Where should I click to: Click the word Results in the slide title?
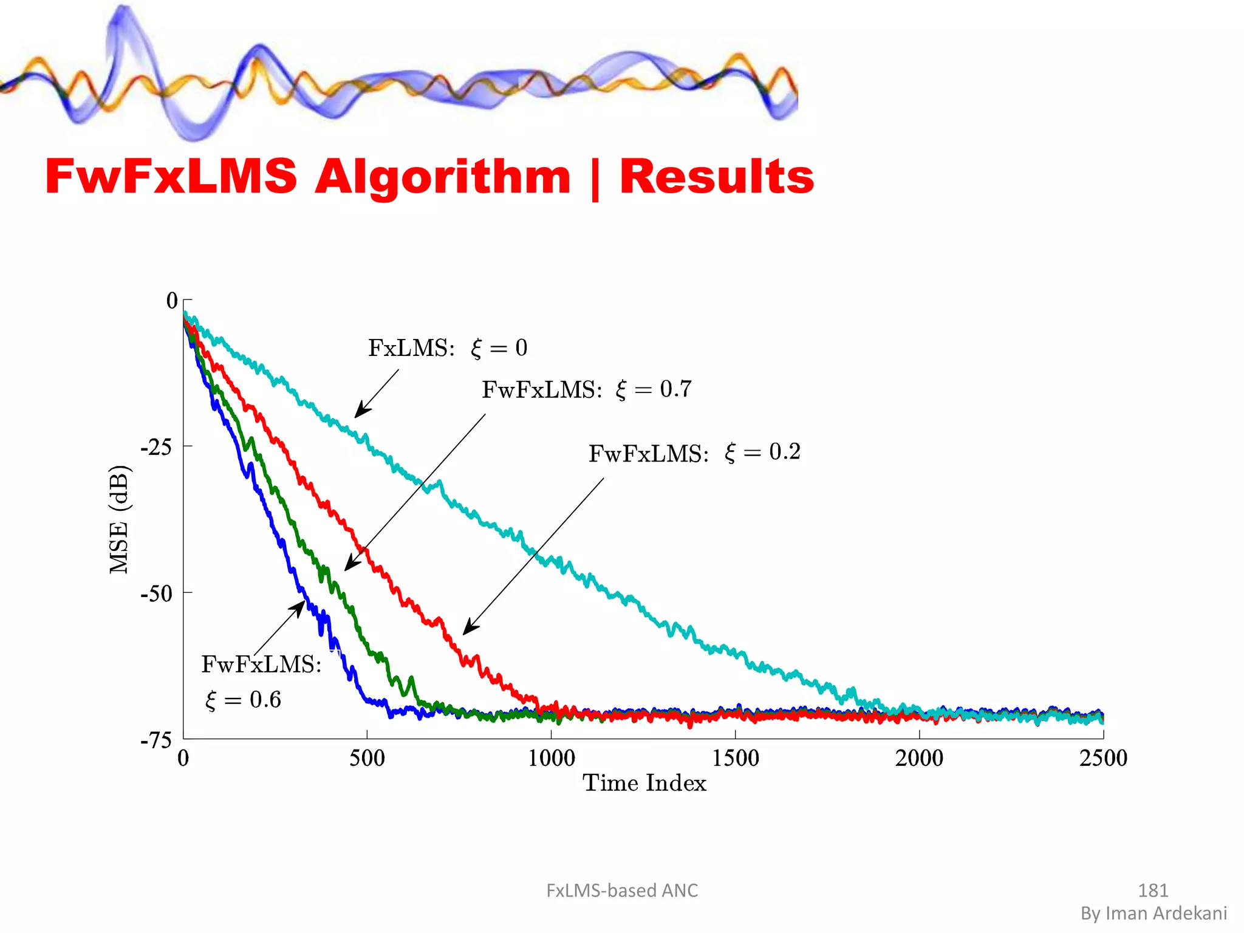pos(717,177)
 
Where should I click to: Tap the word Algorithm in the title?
pos(442,178)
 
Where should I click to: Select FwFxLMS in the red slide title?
pos(171,177)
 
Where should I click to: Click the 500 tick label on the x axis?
pos(367,758)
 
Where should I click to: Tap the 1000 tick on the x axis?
pos(551,758)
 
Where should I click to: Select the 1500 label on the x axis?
pos(735,758)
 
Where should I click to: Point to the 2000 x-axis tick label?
pos(919,758)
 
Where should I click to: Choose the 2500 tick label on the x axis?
pos(1103,758)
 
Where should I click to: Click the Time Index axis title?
pos(644,784)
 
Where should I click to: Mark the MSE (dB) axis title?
pos(120,519)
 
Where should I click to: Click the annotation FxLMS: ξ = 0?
pos(448,348)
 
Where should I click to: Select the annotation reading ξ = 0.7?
pos(654,389)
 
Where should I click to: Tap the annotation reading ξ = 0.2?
pos(762,453)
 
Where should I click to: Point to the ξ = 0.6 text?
pos(243,700)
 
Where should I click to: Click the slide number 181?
pos(1153,890)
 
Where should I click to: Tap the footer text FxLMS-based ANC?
pos(622,890)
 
